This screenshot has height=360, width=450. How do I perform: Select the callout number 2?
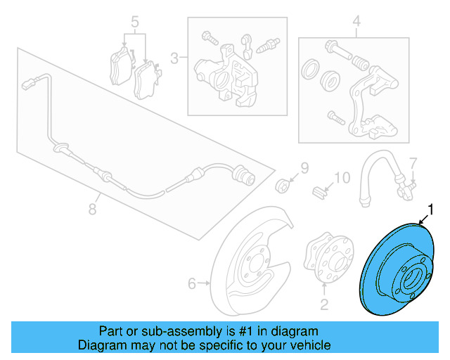(x=324, y=304)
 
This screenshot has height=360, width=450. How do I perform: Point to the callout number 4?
(x=356, y=21)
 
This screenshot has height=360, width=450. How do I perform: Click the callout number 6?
(x=191, y=284)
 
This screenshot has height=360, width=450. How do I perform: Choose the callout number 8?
(x=92, y=209)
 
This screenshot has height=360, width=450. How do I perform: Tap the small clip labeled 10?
(x=317, y=190)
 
